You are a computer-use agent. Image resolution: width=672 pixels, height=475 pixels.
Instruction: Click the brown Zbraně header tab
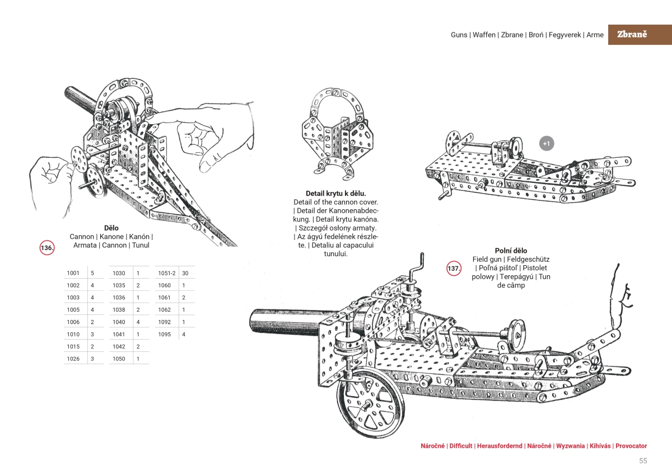[632, 34]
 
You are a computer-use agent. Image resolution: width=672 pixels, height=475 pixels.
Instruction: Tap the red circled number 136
[47, 247]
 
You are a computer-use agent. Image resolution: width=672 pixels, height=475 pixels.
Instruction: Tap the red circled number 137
[454, 269]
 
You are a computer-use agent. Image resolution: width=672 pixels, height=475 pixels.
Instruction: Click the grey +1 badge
[547, 144]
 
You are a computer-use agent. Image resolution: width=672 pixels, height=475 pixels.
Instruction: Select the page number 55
[643, 461]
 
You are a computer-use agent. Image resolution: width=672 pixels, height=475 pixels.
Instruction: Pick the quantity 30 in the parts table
[185, 273]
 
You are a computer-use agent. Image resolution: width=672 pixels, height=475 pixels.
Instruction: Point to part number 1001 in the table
[73, 273]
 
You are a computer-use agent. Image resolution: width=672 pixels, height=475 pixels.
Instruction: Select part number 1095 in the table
[164, 334]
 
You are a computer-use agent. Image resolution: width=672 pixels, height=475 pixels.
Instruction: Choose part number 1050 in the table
[119, 359]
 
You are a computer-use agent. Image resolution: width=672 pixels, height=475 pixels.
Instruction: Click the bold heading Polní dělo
[511, 251]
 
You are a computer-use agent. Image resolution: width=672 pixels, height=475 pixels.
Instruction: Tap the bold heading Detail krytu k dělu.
[335, 193]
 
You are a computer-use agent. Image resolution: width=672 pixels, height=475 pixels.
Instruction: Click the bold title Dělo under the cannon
[111, 228]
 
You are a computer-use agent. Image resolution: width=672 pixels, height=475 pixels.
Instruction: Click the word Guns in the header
[460, 35]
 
